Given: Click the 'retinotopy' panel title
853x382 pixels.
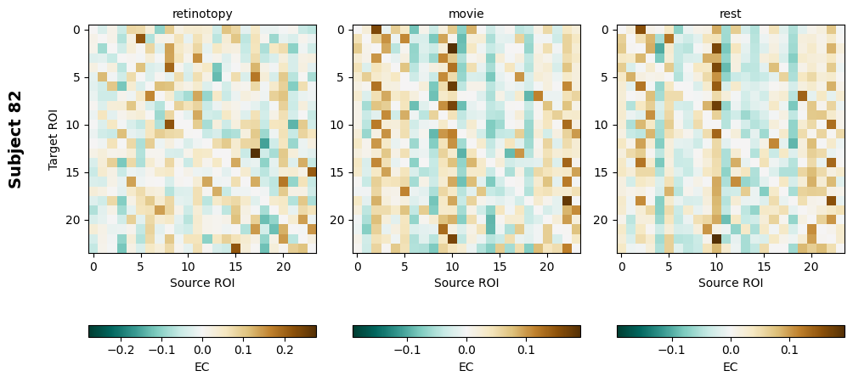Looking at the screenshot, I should click(x=202, y=14).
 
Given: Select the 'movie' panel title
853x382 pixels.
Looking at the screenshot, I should click(x=466, y=14).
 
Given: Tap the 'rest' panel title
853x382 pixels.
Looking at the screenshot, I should click(x=731, y=14).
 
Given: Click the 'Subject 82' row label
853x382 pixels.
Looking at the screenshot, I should click(x=15, y=139).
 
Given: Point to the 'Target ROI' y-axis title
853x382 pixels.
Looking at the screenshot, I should click(x=54, y=139).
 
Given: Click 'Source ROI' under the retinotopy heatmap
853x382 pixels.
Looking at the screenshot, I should click(x=202, y=283).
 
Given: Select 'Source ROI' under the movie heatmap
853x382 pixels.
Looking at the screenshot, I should click(x=466, y=283).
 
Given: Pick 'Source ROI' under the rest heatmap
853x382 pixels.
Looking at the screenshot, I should click(x=731, y=283).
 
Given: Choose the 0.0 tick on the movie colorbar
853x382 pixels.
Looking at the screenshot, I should click(x=466, y=348).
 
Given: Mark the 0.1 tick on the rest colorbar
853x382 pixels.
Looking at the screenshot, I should click(x=790, y=348).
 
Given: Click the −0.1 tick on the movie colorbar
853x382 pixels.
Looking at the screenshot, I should click(x=407, y=348).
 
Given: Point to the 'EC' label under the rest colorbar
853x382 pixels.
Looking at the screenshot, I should click(x=731, y=367).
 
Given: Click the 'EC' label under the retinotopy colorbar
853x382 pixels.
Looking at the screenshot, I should click(x=202, y=367).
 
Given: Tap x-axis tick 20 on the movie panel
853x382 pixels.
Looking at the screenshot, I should click(x=547, y=267).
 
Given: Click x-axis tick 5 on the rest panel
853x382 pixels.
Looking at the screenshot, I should click(x=669, y=267).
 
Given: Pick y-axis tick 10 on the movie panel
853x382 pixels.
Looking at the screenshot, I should click(x=339, y=125).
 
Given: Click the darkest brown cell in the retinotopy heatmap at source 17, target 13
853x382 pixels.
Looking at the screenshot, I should click(x=255, y=153).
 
